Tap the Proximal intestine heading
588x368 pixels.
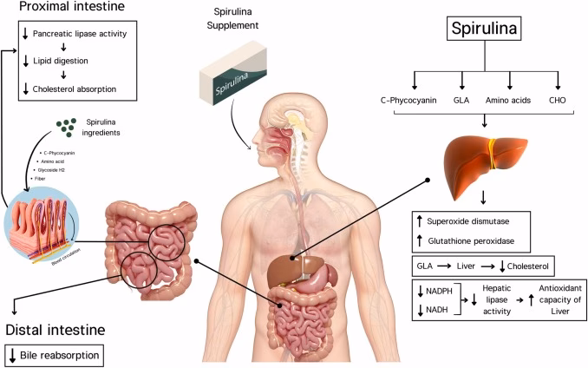click(x=61, y=9)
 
